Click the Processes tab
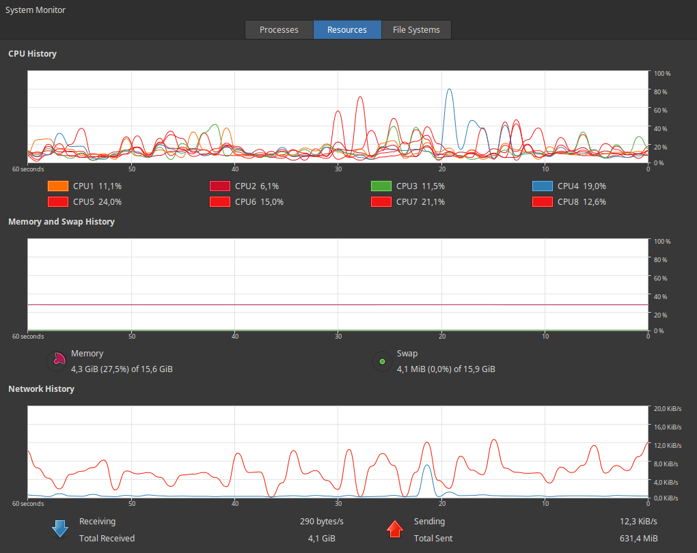[x=279, y=30]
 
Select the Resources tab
[x=347, y=30]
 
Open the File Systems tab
[x=416, y=30]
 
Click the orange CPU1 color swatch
[x=57, y=186]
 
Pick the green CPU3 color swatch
[x=381, y=186]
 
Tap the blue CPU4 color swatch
[x=542, y=186]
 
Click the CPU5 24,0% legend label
[x=97, y=201]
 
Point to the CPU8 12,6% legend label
[x=582, y=201]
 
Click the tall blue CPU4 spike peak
[x=449, y=89]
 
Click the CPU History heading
[x=32, y=53]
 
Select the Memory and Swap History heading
[x=61, y=221]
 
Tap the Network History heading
[x=41, y=388]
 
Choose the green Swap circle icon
[x=382, y=361]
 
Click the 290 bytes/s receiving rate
[x=321, y=522]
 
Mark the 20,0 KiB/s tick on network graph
[x=668, y=409]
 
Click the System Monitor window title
[x=36, y=10]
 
